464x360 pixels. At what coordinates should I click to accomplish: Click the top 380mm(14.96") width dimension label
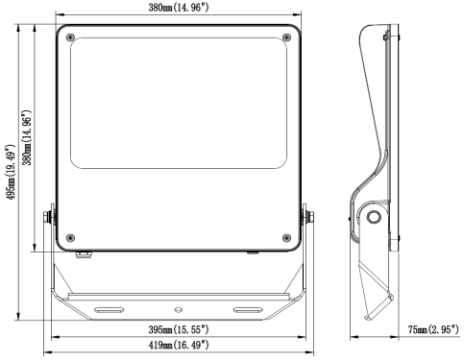point(179,7)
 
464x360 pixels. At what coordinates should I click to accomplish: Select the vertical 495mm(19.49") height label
point(11,172)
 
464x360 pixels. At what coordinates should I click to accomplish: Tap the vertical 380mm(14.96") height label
point(27,137)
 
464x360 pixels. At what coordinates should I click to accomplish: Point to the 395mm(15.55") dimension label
point(179,329)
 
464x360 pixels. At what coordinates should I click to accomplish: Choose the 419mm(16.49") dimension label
point(179,345)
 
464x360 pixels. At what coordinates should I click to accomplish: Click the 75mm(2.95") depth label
point(433,329)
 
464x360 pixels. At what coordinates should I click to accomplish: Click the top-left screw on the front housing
point(70,37)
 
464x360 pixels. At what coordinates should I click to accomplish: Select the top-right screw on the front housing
point(286,37)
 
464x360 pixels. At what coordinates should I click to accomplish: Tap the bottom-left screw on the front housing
point(70,238)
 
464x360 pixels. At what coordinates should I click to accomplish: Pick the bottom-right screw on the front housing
point(286,238)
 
